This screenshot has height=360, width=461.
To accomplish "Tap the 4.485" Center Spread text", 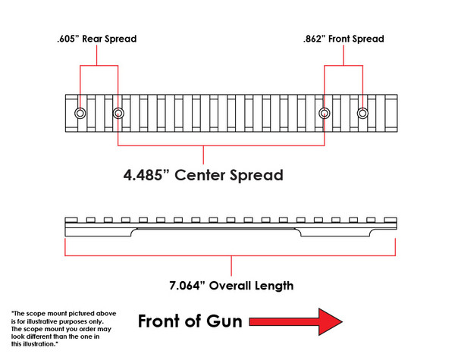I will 203,176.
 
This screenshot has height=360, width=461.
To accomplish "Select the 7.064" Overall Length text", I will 230,286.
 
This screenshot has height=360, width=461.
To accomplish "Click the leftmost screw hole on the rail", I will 80,114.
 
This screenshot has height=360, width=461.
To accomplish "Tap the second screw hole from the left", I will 118,114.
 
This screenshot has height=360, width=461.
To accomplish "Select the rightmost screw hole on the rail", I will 362,114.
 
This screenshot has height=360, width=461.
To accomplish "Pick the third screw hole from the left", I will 325,114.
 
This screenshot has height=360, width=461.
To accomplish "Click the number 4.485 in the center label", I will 148,176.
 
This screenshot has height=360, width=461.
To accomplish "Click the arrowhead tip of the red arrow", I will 343,321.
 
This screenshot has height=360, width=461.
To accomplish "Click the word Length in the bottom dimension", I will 275,286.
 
